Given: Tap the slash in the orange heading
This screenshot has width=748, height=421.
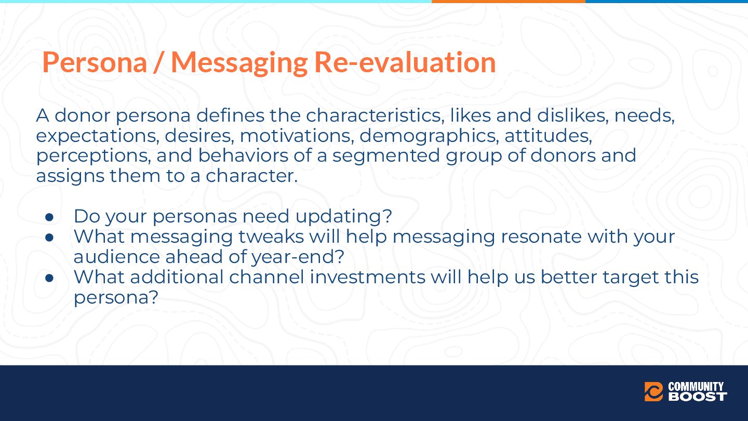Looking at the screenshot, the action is click(x=159, y=63).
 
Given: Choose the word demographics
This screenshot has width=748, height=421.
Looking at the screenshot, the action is click(x=429, y=136).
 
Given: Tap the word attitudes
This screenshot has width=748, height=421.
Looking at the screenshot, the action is click(x=549, y=136).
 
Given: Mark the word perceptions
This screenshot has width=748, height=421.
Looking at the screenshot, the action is click(x=94, y=156).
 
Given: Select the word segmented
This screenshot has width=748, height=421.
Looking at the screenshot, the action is click(x=386, y=156).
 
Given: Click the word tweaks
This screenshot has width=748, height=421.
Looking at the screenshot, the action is click(x=271, y=236).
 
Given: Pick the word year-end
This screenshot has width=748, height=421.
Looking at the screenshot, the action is click(x=298, y=257).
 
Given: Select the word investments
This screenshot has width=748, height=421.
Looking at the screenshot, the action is click(x=367, y=277).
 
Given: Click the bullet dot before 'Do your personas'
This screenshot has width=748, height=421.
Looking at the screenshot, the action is click(x=49, y=217).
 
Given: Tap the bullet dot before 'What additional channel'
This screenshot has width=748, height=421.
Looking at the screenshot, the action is click(x=49, y=278).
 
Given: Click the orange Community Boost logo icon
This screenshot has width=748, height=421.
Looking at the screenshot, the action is click(x=653, y=391).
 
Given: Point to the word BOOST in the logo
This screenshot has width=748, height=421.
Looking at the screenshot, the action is click(x=698, y=397).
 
